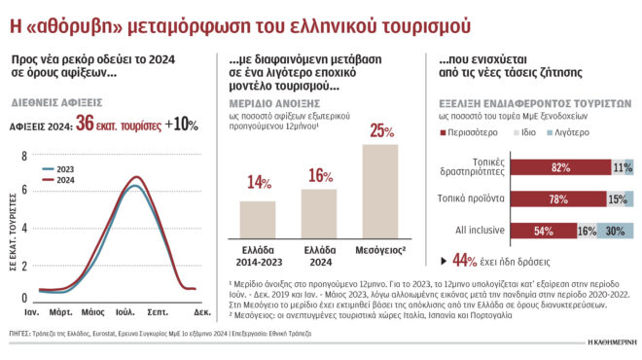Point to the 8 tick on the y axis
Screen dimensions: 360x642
(x=24, y=156)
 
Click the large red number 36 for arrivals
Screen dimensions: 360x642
(x=85, y=125)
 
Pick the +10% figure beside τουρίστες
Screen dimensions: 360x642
(x=180, y=125)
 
